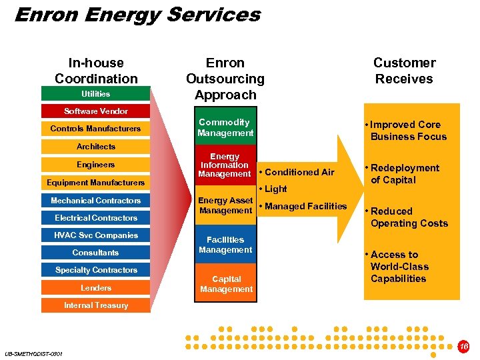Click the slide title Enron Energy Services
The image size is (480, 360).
(137, 15)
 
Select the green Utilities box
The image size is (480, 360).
(96, 94)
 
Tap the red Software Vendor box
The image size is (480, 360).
(96, 111)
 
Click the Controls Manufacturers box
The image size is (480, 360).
(96, 129)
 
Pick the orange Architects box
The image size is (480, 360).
(96, 147)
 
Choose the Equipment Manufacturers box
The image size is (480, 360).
(96, 183)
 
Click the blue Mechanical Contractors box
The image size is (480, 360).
(96, 201)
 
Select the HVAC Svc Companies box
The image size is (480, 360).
(96, 235)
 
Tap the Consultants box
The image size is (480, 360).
(96, 253)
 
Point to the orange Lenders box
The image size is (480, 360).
(96, 288)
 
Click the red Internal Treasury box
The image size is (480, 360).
(96, 305)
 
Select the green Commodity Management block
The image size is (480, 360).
(225, 127)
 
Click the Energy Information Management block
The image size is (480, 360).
(225, 165)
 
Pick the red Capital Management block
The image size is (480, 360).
(225, 284)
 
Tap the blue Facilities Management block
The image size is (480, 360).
(225, 245)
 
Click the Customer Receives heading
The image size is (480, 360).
(404, 71)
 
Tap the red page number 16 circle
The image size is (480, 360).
(464, 347)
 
